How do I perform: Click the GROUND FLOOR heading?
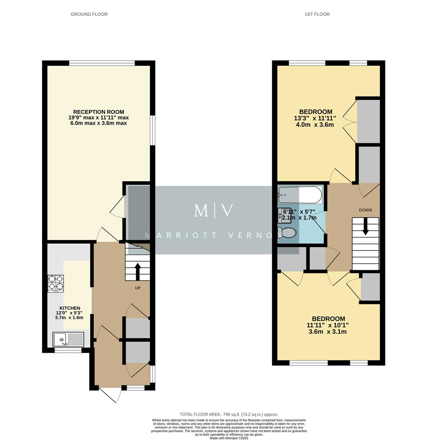pyautogui.click(x=89, y=14)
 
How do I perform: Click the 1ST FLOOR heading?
pyautogui.click(x=317, y=14)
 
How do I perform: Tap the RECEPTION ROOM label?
pyautogui.click(x=98, y=112)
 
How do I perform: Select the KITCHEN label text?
pyautogui.click(x=70, y=308)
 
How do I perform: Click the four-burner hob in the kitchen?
pyautogui.click(x=56, y=284)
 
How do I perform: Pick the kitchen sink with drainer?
pyautogui.click(x=68, y=339)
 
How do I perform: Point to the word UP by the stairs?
pyautogui.click(x=138, y=288)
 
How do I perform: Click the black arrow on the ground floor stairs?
pyautogui.click(x=137, y=270)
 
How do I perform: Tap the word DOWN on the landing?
pyautogui.click(x=365, y=210)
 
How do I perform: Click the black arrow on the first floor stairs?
pyautogui.click(x=365, y=227)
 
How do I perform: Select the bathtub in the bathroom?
pyautogui.click(x=300, y=195)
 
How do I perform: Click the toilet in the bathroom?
pyautogui.click(x=287, y=233)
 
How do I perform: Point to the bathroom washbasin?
pyautogui.click(x=284, y=214)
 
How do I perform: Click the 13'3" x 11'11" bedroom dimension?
pyautogui.click(x=315, y=118)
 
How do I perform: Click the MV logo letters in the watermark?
pyautogui.click(x=213, y=211)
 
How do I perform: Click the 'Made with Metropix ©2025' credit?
pyautogui.click(x=229, y=438)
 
